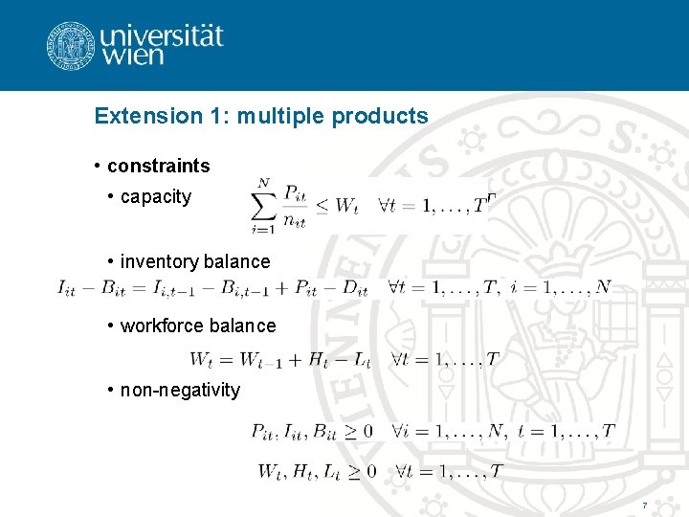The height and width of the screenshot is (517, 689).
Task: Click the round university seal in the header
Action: [70, 45]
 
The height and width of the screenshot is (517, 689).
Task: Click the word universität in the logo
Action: [161, 36]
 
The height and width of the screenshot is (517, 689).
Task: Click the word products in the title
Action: [380, 117]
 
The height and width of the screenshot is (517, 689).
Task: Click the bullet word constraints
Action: [158, 166]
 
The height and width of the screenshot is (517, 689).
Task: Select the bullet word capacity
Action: [156, 197]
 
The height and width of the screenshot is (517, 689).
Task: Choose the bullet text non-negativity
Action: [180, 390]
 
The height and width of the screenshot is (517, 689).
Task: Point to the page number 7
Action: [645, 505]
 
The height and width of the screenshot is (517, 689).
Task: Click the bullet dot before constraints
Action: [99, 166]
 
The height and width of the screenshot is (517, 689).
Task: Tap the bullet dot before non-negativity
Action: [112, 390]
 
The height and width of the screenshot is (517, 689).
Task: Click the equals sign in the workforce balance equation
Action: [227, 360]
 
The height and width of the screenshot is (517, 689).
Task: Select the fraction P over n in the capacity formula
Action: [296, 204]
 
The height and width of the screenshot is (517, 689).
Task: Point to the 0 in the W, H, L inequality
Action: [371, 471]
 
